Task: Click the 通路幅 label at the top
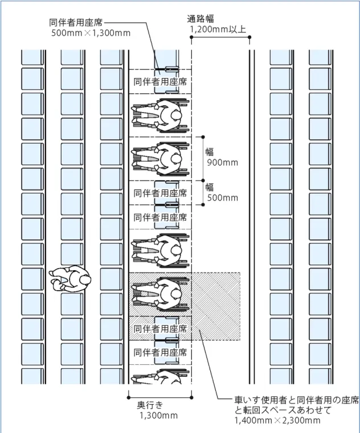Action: [x=200, y=19]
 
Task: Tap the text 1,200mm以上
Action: [x=218, y=29]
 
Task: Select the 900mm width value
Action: [x=223, y=162]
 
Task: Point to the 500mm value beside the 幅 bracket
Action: [x=223, y=197]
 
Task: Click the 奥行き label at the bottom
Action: [x=150, y=405]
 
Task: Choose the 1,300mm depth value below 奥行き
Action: [x=158, y=415]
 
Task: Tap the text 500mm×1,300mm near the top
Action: [x=91, y=33]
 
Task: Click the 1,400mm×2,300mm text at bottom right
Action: [x=277, y=420]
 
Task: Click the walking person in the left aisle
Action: [x=70, y=279]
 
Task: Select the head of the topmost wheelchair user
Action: [x=175, y=115]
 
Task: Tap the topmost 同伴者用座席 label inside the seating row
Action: [x=161, y=82]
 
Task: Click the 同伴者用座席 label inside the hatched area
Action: [x=161, y=329]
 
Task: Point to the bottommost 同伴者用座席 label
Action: [x=161, y=352]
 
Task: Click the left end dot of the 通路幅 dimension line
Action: [x=191, y=37]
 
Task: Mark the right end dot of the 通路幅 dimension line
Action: [x=249, y=37]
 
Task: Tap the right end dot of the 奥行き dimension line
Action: [x=191, y=398]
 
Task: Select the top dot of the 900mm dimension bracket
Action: [x=203, y=137]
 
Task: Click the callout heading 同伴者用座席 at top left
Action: [x=76, y=22]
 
